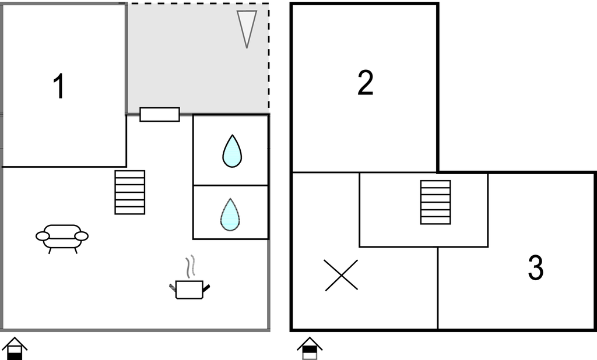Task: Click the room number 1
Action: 59,87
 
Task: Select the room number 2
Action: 366,83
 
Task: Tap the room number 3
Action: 536,268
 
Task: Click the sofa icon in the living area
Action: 62,239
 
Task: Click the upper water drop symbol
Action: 232,151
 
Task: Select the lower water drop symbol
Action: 230,214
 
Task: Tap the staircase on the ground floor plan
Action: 130,192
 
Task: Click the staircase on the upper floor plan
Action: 436,202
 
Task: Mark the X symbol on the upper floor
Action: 341,275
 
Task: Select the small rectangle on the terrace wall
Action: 160,115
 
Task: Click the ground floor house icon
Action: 15,348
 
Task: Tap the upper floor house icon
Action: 310,348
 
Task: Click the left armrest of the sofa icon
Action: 43,237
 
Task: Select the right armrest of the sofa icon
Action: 82,237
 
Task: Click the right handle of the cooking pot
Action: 206,288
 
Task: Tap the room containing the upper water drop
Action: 231,150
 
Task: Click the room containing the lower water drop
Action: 231,213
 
